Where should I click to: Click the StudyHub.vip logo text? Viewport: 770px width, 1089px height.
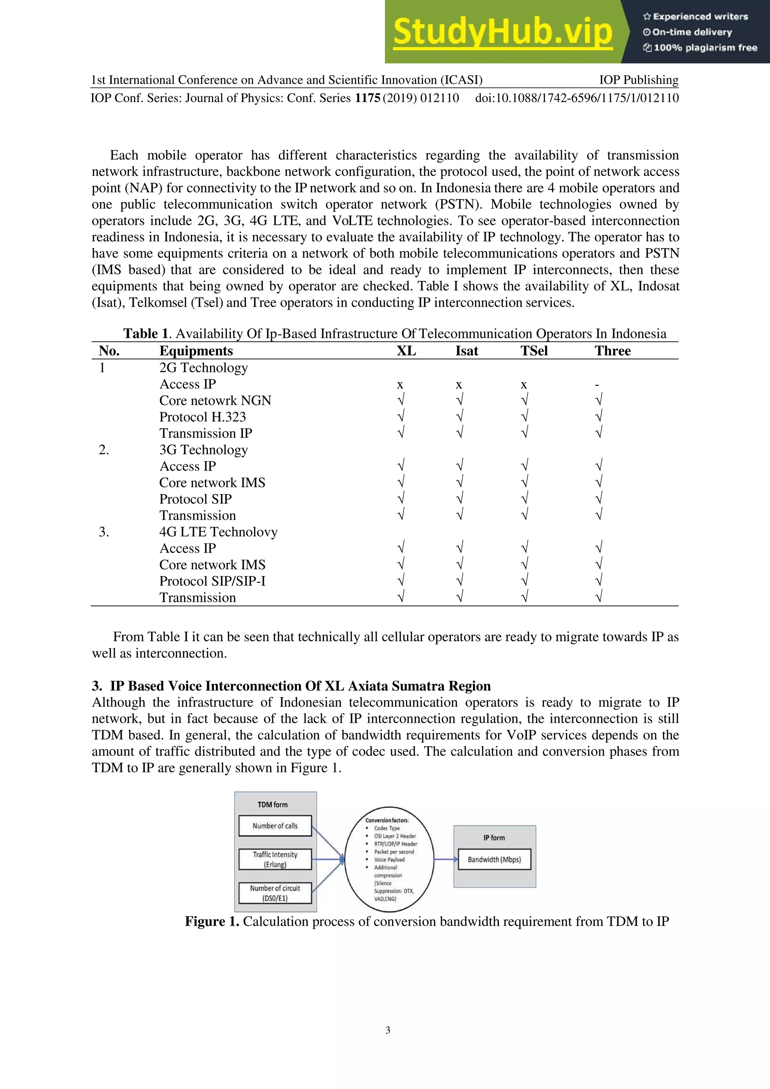pyautogui.click(x=503, y=32)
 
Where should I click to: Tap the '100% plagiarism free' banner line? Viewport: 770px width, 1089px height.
pyautogui.click(x=700, y=47)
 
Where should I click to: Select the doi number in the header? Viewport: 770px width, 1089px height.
pyautogui.click(x=577, y=98)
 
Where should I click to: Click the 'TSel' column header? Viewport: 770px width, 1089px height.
pyautogui.click(x=534, y=351)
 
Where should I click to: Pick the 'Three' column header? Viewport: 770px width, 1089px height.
pyautogui.click(x=612, y=351)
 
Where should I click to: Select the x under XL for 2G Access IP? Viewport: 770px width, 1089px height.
pyautogui.click(x=400, y=385)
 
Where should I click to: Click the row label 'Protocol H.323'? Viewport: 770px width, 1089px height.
pyautogui.click(x=202, y=417)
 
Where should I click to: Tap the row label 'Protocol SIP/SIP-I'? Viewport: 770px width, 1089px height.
pyautogui.click(x=212, y=581)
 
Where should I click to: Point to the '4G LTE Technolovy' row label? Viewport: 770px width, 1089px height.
pyautogui.click(x=218, y=532)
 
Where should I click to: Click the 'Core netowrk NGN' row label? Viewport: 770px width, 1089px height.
pyautogui.click(x=215, y=401)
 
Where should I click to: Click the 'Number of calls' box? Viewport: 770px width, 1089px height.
pyautogui.click(x=275, y=826)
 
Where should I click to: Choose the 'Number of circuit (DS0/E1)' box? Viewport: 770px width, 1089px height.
pyautogui.click(x=275, y=893)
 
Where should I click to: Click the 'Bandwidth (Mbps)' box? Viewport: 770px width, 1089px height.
pyautogui.click(x=494, y=860)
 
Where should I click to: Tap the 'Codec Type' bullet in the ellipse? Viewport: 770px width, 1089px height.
pyautogui.click(x=387, y=828)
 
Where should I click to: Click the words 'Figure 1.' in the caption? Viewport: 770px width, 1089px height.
pyautogui.click(x=211, y=922)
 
